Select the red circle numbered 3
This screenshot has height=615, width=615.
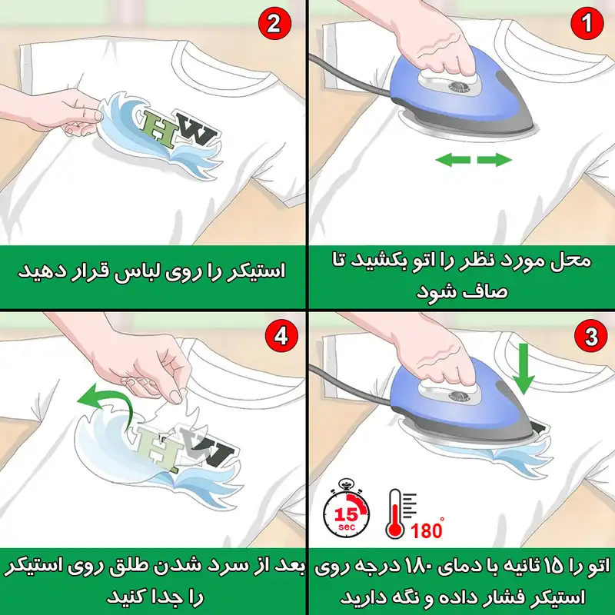click(x=589, y=337)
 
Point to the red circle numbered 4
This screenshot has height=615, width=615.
click(x=280, y=337)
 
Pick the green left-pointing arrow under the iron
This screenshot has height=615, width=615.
click(x=453, y=160)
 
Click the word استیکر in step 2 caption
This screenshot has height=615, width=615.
click(x=257, y=271)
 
